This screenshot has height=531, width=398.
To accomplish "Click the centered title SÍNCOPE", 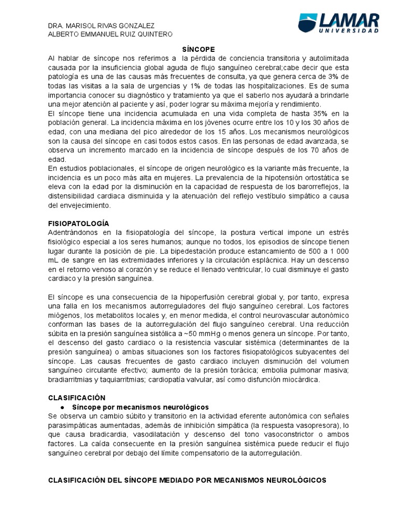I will (198, 47).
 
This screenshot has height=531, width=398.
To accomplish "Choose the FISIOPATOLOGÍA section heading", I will (78, 223).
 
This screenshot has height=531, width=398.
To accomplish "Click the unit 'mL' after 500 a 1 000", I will (53, 260).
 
